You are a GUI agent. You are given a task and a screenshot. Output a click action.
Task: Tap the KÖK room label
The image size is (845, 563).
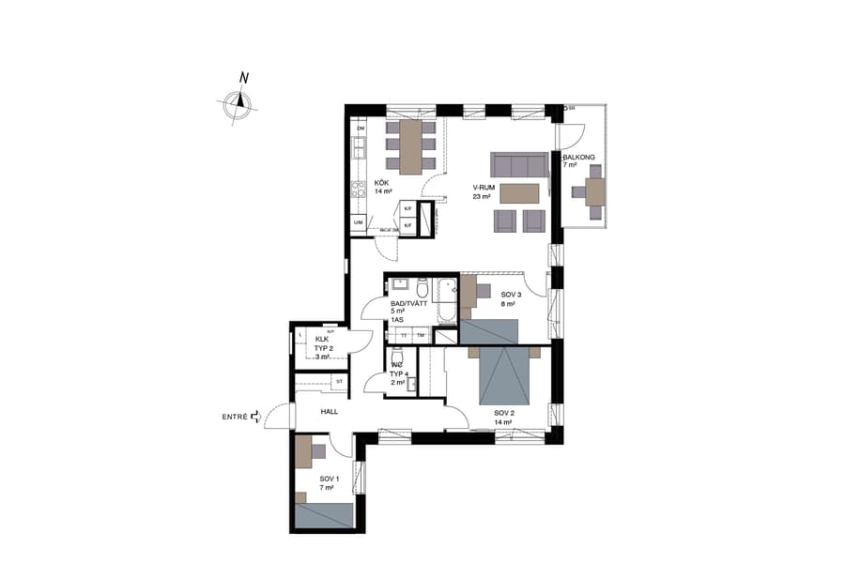pos(382,183)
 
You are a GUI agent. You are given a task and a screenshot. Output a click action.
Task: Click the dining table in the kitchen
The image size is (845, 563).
pos(411,146)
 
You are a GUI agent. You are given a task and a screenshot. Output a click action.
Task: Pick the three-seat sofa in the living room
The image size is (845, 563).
pos(520,165)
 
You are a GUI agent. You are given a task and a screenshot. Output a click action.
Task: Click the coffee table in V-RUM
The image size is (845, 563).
pos(520,193)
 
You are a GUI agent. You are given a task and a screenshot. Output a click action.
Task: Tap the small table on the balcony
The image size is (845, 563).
pos(594,191)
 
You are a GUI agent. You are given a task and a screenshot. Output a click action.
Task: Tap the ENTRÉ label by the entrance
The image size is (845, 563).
pos(235,416)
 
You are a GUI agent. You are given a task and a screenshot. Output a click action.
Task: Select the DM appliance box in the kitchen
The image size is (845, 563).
pos(360,128)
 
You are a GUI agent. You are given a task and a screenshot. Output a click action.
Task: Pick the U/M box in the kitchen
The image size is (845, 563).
pos(358,221)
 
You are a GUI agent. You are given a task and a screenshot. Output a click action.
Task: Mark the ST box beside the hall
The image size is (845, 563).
pos(338,381)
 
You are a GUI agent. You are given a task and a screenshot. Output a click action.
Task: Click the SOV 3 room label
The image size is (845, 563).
pos(511,295)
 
